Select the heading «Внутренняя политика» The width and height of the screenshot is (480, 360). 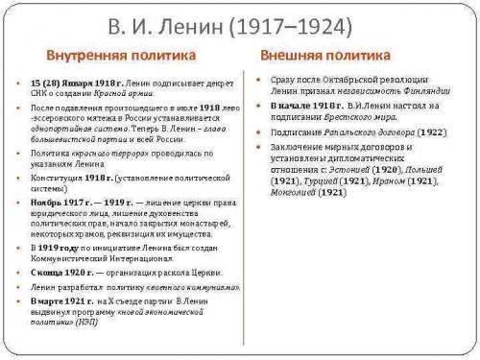(x=122, y=56)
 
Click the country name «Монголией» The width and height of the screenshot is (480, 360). (x=292, y=192)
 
